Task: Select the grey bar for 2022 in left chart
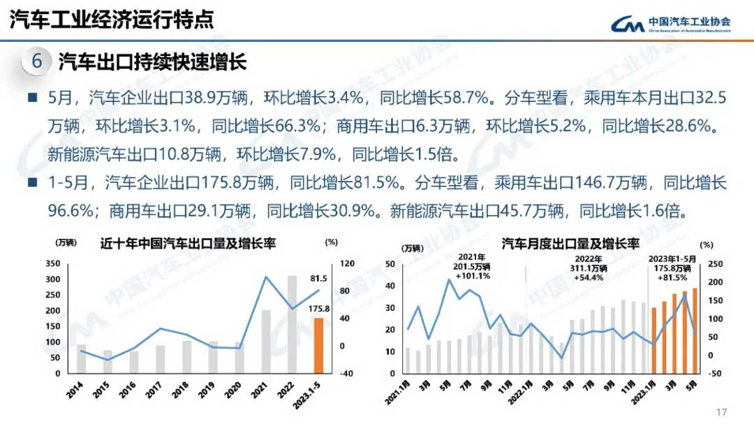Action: coord(293,324)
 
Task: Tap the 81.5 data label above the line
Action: coord(318,278)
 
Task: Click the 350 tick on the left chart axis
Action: coord(52,263)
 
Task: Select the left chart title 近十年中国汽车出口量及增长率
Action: coord(188,243)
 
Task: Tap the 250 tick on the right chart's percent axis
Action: coord(716,265)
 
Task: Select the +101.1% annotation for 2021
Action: coord(471,276)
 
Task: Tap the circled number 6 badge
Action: coord(37,61)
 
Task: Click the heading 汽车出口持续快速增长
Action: coord(152,62)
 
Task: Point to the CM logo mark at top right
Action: coord(627,24)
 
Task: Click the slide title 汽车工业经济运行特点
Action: coord(111,19)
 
